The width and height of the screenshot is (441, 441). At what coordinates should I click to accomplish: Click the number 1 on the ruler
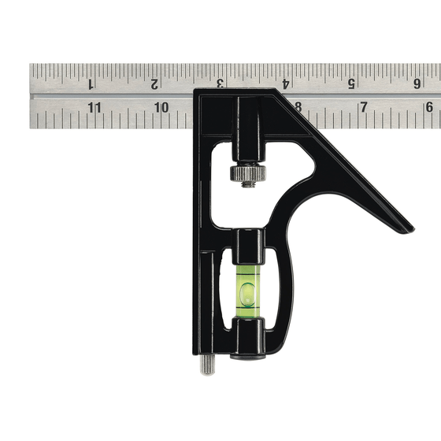(x=91, y=83)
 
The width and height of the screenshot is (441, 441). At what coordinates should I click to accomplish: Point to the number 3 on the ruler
(x=220, y=83)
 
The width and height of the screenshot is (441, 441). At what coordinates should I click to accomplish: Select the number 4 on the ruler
(x=285, y=83)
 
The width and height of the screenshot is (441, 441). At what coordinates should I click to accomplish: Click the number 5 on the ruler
(x=350, y=83)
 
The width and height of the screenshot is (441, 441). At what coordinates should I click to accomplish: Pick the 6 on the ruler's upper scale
(x=416, y=83)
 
